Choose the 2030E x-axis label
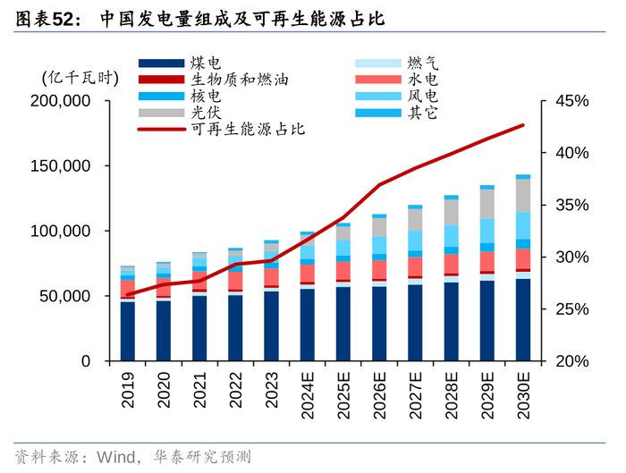523,394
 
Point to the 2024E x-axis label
308,394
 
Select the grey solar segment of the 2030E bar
523,195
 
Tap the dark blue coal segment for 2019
129,331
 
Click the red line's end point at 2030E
523,125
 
